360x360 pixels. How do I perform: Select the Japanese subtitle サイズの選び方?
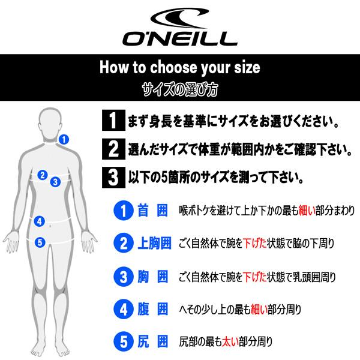pyautogui.click(x=179, y=91)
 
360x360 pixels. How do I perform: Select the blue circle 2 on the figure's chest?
pyautogui.click(x=42, y=175)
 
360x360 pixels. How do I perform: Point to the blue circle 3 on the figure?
pyautogui.click(x=55, y=181)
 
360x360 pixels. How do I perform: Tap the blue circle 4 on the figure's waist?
pyautogui.click(x=39, y=221)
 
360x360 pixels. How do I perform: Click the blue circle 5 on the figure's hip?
pyautogui.click(x=39, y=242)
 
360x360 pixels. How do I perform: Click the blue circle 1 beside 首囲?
pyautogui.click(x=122, y=211)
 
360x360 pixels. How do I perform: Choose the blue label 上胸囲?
pyautogui.click(x=154, y=244)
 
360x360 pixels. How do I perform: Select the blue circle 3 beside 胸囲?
pyautogui.click(x=122, y=277)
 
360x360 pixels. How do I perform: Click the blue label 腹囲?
pyautogui.click(x=154, y=310)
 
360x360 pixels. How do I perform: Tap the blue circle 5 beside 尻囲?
pyautogui.click(x=122, y=343)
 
